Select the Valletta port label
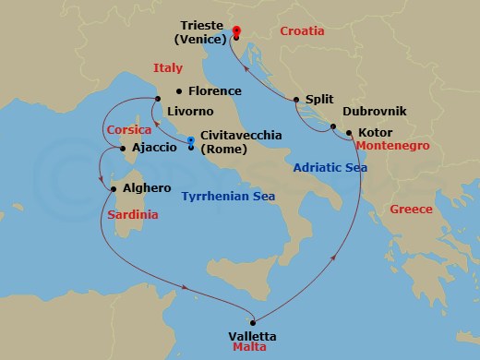(x=251, y=336)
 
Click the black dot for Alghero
(x=113, y=188)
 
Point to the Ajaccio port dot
(x=123, y=147)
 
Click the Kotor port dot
(x=349, y=132)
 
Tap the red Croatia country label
(x=302, y=31)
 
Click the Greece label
(x=411, y=210)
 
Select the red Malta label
(x=245, y=351)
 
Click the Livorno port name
(x=190, y=112)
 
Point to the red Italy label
(x=168, y=67)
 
